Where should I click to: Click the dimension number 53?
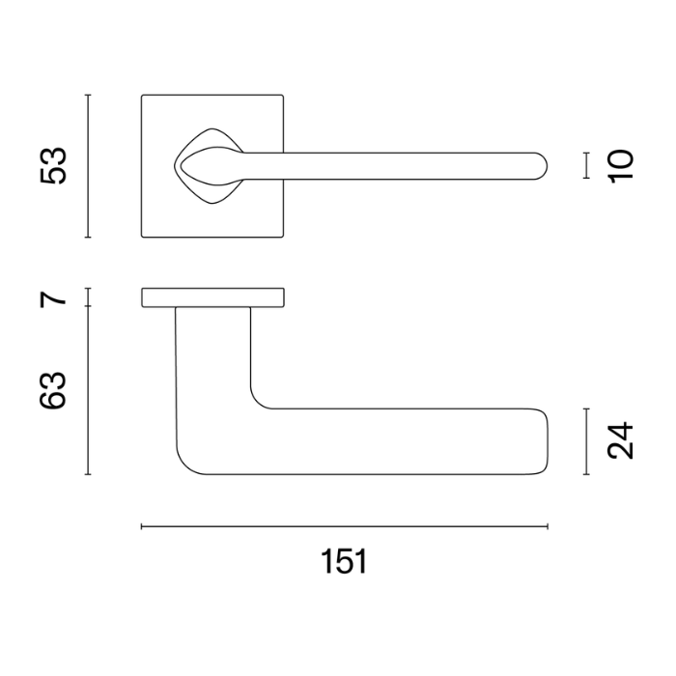(x=53, y=165)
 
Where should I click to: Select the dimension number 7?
(x=54, y=296)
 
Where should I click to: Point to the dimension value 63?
(x=53, y=390)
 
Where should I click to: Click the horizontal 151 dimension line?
(x=345, y=526)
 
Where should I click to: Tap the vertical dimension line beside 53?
(x=88, y=165)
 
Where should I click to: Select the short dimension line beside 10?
(x=586, y=165)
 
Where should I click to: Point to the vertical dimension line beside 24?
(x=586, y=441)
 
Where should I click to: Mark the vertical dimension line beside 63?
(x=88, y=390)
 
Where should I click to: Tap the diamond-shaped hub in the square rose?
(x=208, y=165)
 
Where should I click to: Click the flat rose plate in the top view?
(x=212, y=296)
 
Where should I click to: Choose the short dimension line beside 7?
(x=88, y=296)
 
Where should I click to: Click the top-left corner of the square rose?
(x=143, y=96)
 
